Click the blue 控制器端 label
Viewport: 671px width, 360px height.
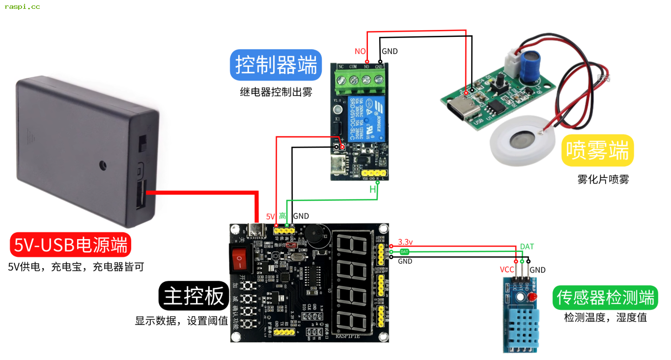coord(276,65)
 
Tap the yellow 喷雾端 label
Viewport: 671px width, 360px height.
coord(597,150)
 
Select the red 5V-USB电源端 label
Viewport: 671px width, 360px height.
coord(71,245)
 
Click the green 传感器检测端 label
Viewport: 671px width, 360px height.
coord(605,298)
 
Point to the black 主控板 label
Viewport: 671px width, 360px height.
coord(194,296)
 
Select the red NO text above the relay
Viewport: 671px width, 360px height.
coord(360,52)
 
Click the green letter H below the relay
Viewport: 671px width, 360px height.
coord(372,190)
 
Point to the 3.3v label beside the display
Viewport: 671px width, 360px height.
coord(405,242)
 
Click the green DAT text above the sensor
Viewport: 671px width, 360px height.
coord(527,247)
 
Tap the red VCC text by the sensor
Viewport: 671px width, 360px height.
coord(507,270)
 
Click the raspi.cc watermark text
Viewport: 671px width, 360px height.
coord(22,7)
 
